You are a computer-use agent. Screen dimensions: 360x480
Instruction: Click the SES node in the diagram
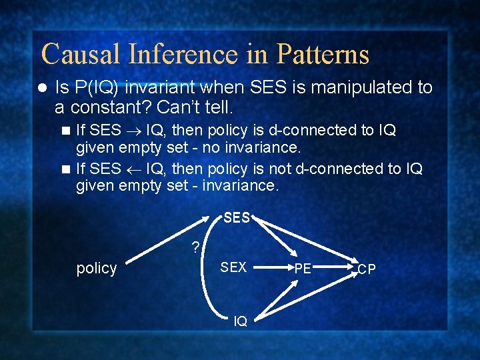(237, 218)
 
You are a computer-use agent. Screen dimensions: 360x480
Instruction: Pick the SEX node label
(233, 267)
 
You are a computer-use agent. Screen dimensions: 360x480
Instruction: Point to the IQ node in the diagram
(240, 321)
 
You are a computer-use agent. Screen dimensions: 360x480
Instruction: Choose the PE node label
(303, 269)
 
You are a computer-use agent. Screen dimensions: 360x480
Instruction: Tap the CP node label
(367, 269)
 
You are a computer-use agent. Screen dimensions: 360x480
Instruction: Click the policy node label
(97, 268)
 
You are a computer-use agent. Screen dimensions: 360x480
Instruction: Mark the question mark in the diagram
(195, 248)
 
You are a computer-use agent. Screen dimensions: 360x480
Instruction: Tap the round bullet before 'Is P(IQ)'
(41, 87)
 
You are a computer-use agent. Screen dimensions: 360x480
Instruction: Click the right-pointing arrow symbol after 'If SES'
(133, 130)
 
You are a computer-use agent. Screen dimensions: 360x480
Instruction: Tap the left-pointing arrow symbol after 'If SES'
(133, 169)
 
